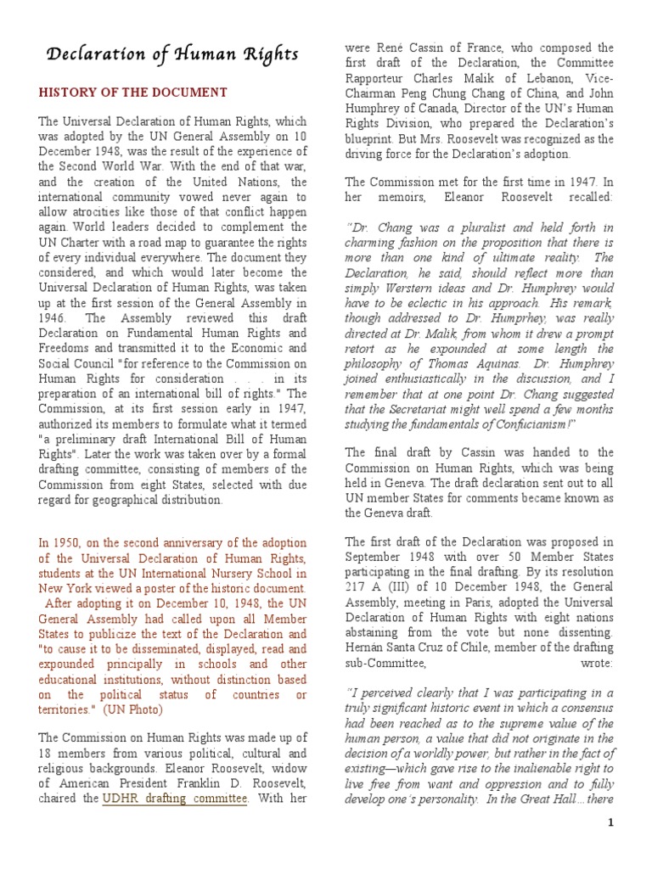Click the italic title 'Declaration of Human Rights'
click(171, 55)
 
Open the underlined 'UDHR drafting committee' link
click(175, 799)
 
